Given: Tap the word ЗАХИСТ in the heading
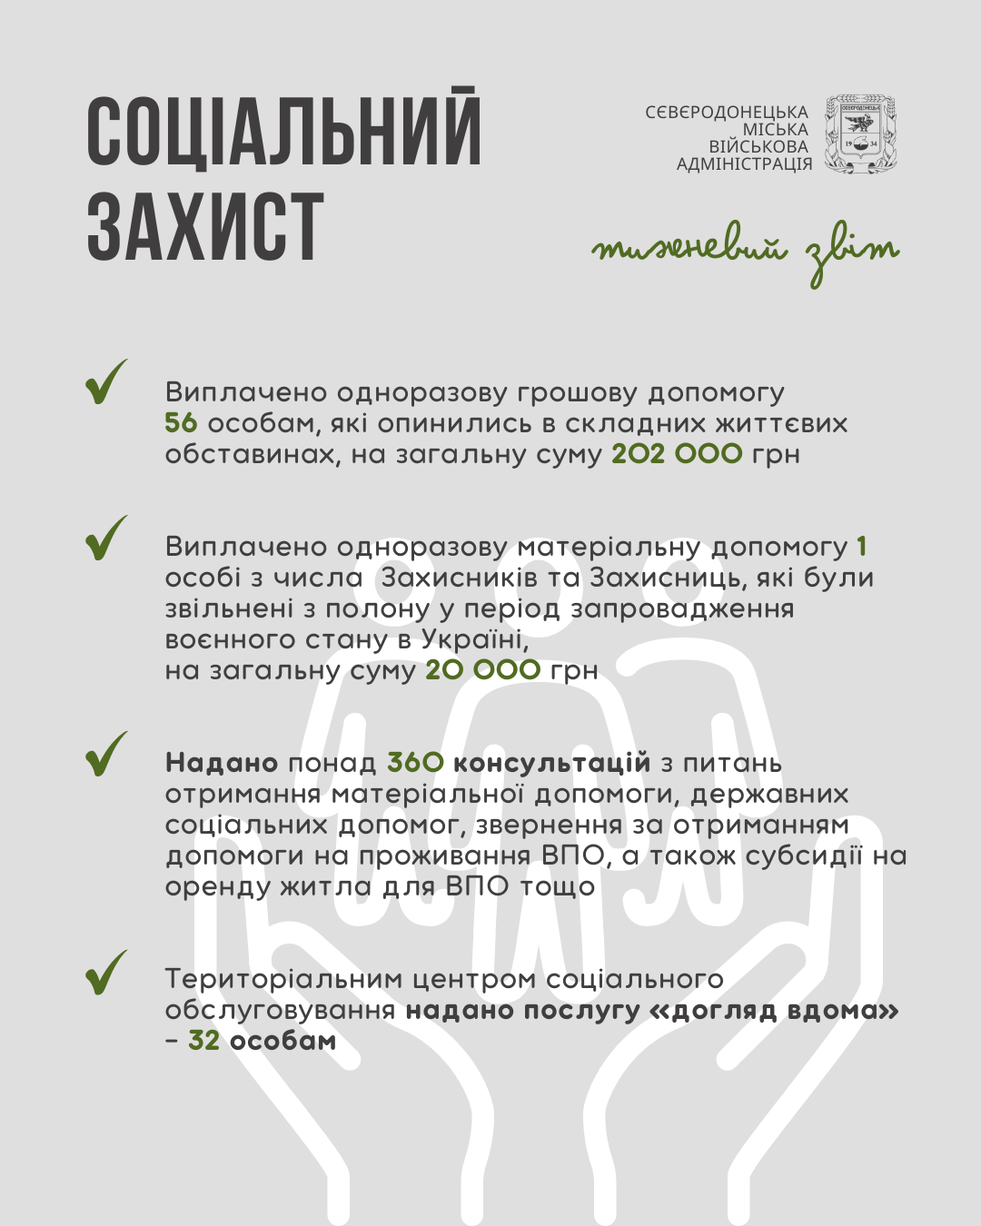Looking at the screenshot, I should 205,226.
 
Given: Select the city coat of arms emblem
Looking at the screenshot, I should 860,134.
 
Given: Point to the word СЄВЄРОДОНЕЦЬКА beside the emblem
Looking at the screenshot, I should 727,113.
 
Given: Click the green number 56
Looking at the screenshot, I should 181,423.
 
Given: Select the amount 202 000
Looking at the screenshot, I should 677,454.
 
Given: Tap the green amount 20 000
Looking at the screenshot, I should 482,670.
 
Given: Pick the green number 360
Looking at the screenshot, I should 415,763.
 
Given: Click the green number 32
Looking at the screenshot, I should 203,1041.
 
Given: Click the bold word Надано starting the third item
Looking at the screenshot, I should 222,763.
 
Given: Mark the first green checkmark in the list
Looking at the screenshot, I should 106,382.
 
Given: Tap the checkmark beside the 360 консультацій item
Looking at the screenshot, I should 106,755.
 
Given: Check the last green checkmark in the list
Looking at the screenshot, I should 106,973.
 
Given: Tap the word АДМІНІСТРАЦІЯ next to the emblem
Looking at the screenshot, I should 744,164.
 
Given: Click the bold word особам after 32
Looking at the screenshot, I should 283,1041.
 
